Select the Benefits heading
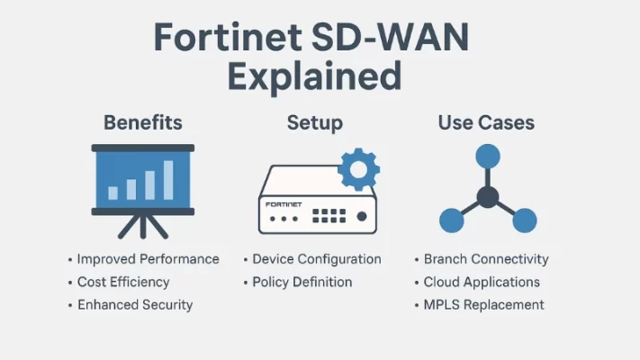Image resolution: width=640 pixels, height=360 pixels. click(142, 122)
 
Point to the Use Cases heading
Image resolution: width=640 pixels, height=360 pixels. click(487, 122)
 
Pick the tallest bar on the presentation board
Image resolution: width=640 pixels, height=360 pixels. click(167, 180)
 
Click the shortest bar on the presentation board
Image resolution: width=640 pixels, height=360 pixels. click(113, 193)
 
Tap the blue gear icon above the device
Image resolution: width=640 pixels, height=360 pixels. click(357, 169)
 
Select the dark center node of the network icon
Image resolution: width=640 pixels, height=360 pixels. click(487, 197)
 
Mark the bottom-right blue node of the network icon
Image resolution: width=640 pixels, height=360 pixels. click(523, 220)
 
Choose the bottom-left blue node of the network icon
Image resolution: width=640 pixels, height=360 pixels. click(452, 220)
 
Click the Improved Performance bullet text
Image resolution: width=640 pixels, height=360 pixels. click(148, 259)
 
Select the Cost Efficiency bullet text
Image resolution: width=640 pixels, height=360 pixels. click(123, 282)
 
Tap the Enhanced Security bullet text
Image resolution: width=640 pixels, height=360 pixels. click(135, 304)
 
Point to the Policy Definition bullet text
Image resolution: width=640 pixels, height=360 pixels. click(302, 282)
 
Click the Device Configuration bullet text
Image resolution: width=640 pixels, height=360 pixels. click(316, 259)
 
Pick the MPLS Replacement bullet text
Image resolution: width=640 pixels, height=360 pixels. click(483, 304)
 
